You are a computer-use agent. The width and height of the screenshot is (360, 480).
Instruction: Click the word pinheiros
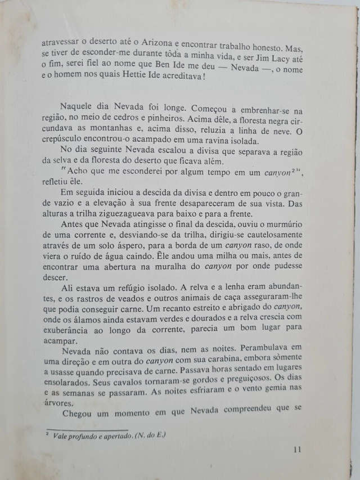point(166,122)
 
